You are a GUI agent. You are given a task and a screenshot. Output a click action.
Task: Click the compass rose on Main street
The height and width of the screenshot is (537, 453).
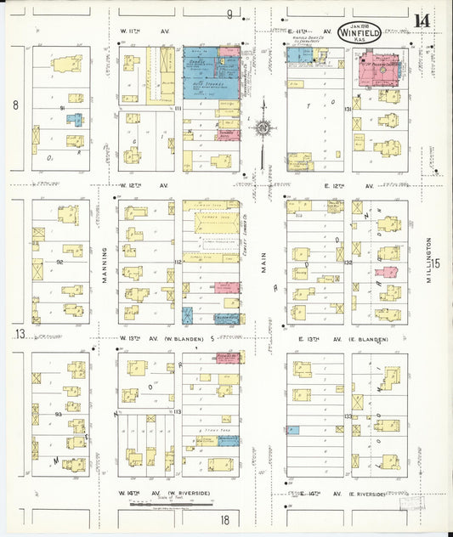coord(262,128)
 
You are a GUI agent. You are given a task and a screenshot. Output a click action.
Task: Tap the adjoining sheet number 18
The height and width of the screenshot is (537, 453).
coord(225,519)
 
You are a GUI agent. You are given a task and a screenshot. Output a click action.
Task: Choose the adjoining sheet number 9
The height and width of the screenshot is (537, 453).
coord(229,14)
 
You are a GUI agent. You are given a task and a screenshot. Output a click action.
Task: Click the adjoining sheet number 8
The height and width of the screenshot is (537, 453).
coord(14,105)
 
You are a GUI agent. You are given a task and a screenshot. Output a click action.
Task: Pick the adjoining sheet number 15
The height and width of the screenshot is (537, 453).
coord(436,263)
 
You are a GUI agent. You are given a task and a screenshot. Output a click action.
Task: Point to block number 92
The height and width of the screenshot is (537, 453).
coord(60,263)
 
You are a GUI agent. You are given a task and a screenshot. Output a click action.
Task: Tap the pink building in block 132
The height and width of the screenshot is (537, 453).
coord(388,273)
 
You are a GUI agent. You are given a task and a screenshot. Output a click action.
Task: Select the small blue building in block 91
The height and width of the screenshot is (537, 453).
coord(75,120)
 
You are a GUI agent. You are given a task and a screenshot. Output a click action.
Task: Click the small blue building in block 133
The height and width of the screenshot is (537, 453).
coord(293,430)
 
